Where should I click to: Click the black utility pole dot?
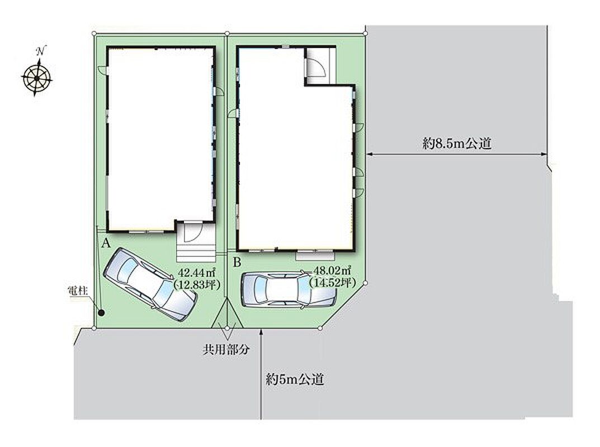[101, 313]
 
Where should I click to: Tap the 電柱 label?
[78, 291]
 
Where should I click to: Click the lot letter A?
[106, 242]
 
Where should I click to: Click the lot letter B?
[237, 262]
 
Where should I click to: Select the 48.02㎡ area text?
[332, 270]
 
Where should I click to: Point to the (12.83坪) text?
[197, 284]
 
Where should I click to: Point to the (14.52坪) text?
[333, 282]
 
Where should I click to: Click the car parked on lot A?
[150, 284]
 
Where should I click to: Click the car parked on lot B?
[289, 289]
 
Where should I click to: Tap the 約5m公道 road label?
[295, 379]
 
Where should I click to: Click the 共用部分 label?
[226, 349]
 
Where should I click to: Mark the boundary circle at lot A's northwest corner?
[94, 34]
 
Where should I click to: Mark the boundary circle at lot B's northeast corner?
[366, 34]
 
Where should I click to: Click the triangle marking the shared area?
[227, 313]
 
